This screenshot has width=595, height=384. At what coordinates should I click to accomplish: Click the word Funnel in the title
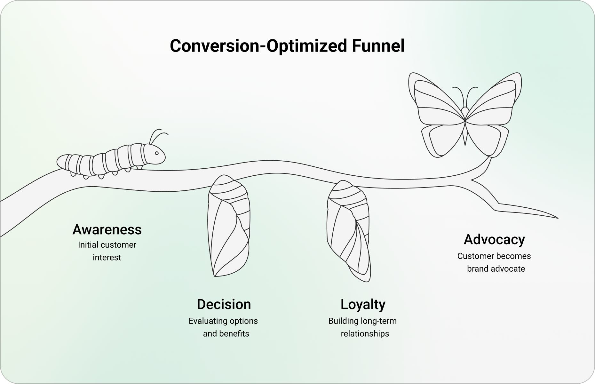[378, 46]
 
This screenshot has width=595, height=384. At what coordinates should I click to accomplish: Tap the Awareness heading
[107, 229]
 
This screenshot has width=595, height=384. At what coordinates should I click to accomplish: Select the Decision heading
[224, 304]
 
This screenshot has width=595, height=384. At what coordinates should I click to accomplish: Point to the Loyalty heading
[363, 304]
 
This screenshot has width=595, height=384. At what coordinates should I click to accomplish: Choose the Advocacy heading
[494, 239]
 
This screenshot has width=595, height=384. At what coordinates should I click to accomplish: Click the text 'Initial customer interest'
[107, 251]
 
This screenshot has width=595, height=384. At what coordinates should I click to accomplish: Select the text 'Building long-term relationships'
[363, 327]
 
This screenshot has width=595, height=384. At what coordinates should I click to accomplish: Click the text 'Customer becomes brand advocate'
[494, 262]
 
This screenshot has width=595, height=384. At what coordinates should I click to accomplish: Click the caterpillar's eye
[157, 153]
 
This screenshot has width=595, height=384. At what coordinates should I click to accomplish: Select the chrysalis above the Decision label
[228, 226]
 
